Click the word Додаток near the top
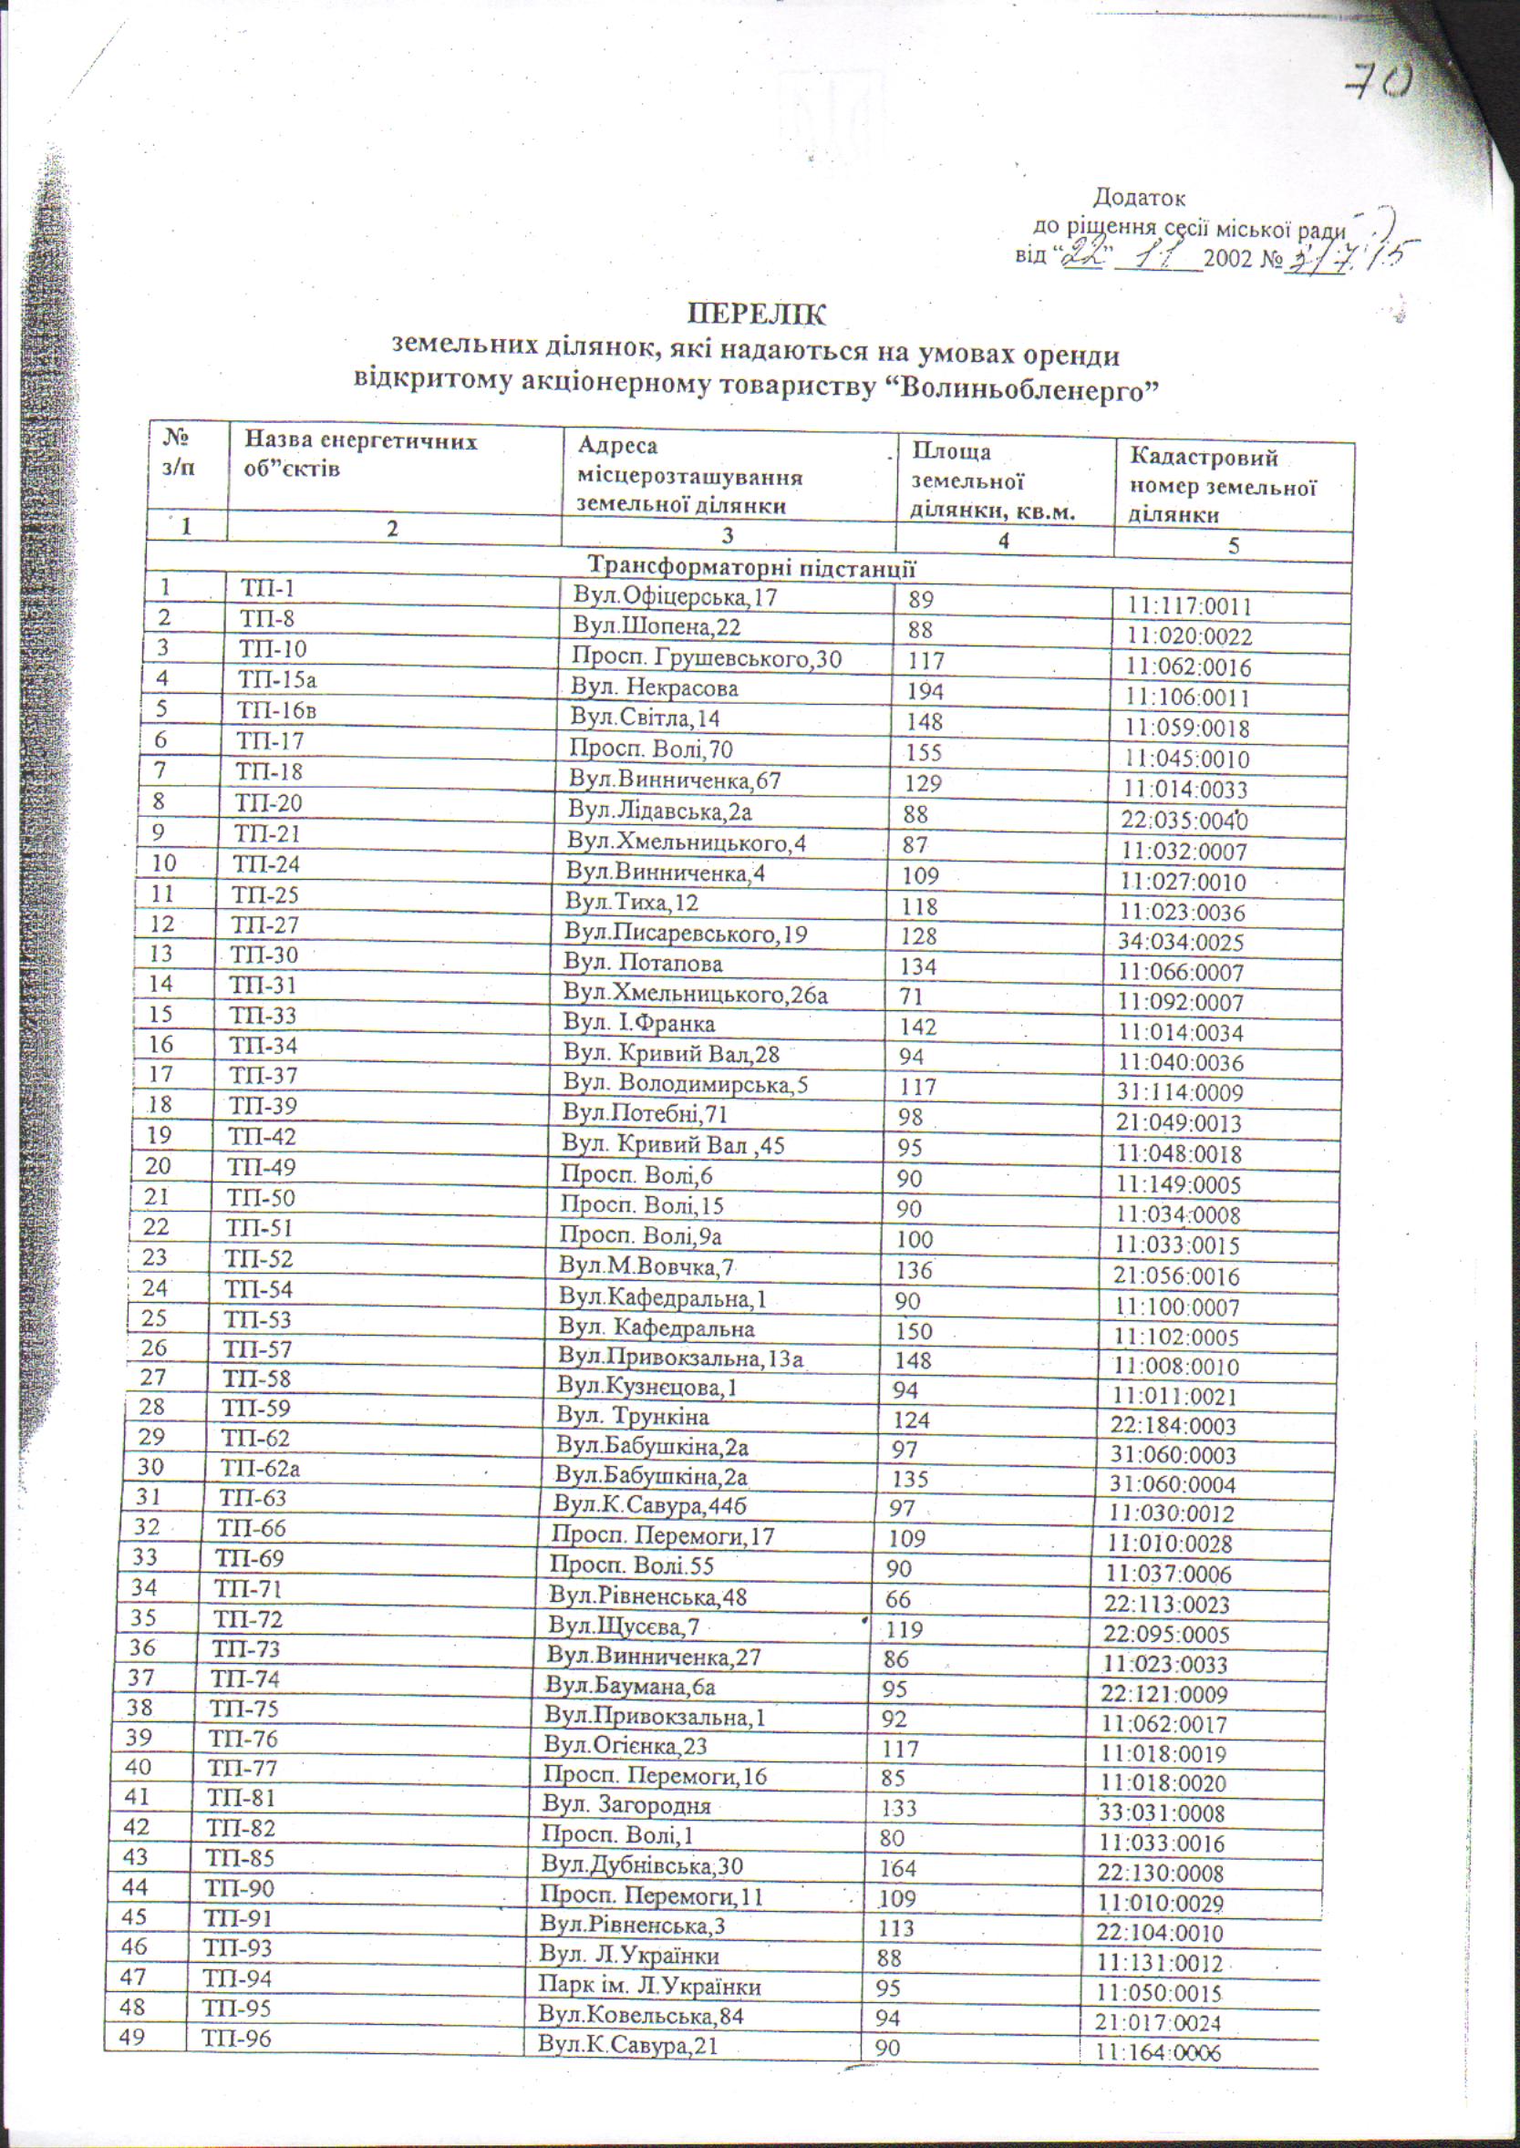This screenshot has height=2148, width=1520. tap(1139, 199)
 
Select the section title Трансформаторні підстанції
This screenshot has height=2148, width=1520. tap(751, 568)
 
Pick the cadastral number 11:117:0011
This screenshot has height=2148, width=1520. tap(1189, 606)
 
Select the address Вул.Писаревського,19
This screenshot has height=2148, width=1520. tap(685, 933)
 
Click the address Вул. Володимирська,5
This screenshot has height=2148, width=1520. tap(685, 1084)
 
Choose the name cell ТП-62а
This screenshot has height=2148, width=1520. tap(260, 1469)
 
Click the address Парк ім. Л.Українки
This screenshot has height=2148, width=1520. tap(648, 1986)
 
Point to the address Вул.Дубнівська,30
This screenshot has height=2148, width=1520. tap(642, 1865)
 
